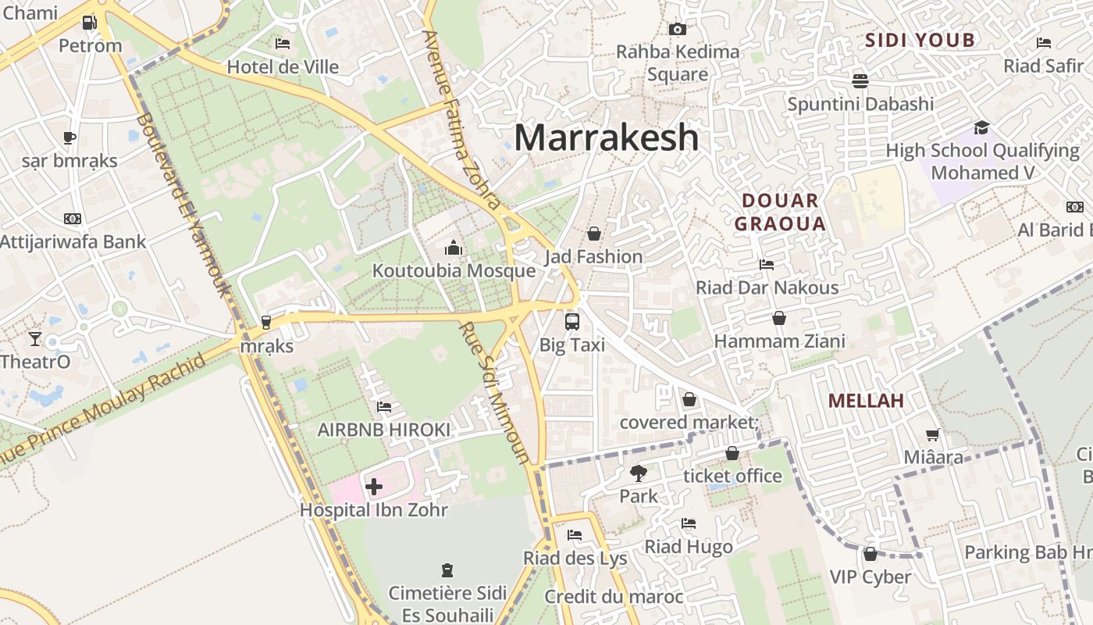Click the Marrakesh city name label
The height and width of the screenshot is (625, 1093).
pyautogui.click(x=606, y=137)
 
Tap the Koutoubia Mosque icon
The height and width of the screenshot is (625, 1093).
pyautogui.click(x=453, y=248)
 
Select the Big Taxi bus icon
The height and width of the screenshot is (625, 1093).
pyautogui.click(x=572, y=321)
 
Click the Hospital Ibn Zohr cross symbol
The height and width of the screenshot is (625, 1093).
pyautogui.click(x=374, y=487)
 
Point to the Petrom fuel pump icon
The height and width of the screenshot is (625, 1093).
pyautogui.click(x=90, y=23)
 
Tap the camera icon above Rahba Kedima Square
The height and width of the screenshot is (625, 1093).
pyautogui.click(x=678, y=29)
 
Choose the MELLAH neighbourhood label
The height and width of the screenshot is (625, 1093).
pyautogui.click(x=866, y=401)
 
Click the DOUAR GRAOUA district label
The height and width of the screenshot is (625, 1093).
pyautogui.click(x=780, y=212)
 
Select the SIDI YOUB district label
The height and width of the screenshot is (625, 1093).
pyautogui.click(x=920, y=41)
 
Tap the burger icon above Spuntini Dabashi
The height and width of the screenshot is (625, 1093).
pyautogui.click(x=860, y=80)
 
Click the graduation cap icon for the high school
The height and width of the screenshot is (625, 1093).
pyautogui.click(x=981, y=127)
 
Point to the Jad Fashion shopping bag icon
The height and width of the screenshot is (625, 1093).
pyautogui.click(x=594, y=234)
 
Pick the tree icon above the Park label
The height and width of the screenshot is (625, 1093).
pyautogui.click(x=638, y=473)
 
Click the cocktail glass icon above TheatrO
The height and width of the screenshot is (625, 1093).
pyautogui.click(x=35, y=338)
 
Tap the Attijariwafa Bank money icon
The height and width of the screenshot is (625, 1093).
pyautogui.click(x=73, y=219)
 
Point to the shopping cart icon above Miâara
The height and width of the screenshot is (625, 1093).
pyautogui.click(x=933, y=434)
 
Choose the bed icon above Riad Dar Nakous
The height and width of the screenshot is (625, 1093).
pyautogui.click(x=767, y=265)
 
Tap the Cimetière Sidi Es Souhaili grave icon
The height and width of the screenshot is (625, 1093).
pyautogui.click(x=447, y=570)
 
